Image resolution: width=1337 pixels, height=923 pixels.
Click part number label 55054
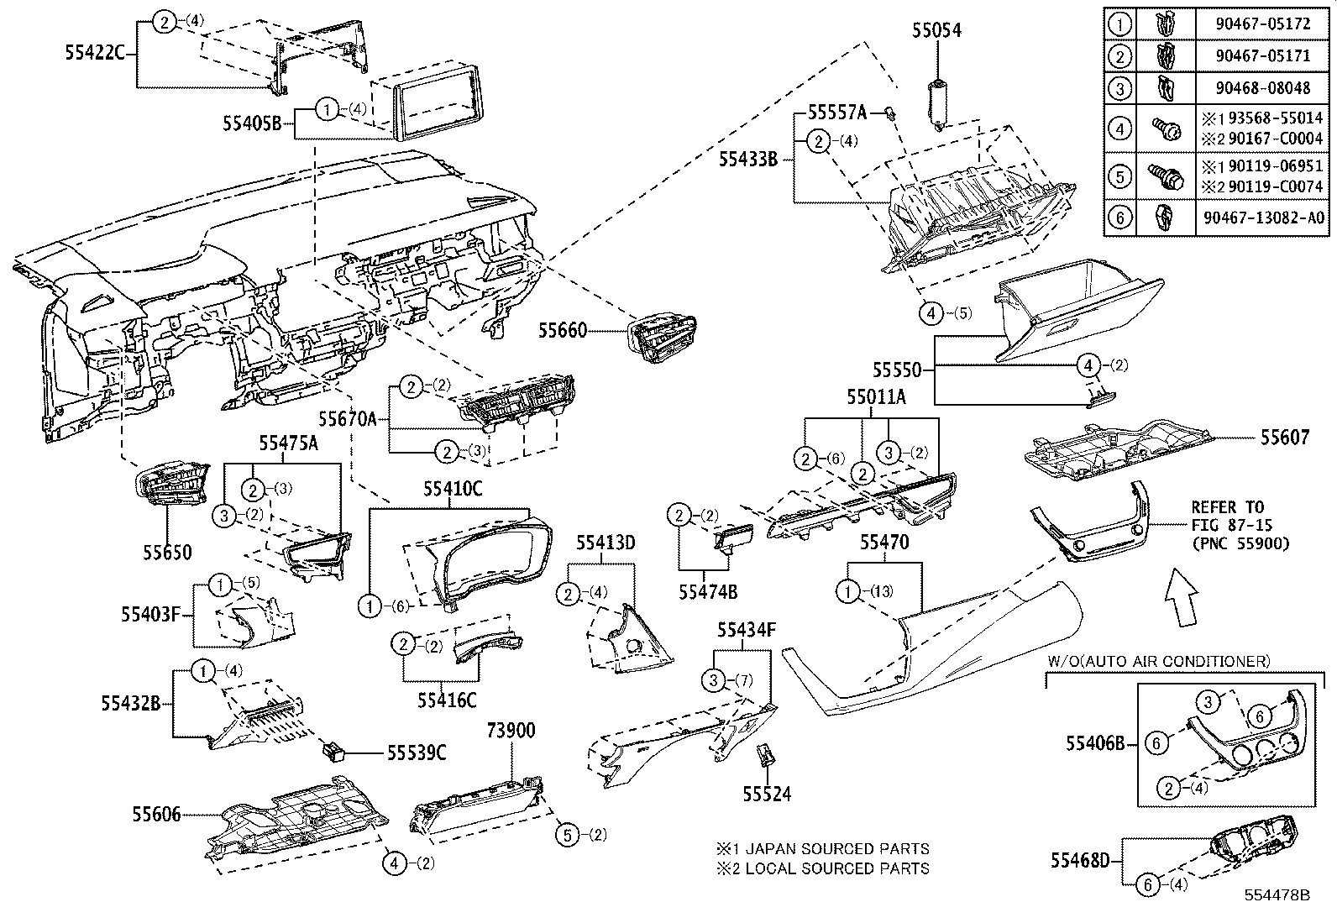[x=936, y=30]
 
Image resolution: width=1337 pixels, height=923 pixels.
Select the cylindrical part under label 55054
[x=937, y=102]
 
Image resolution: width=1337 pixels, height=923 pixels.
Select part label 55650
[x=166, y=553]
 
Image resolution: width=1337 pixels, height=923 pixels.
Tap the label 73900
[x=510, y=730]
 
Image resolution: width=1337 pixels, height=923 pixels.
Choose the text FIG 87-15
[x=1227, y=526]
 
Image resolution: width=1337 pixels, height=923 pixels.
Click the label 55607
[x=1284, y=438]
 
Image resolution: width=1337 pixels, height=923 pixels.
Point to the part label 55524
[x=766, y=793]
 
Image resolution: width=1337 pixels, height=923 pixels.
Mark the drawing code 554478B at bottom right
[x=1277, y=895]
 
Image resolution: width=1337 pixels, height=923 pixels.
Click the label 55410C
[x=452, y=490]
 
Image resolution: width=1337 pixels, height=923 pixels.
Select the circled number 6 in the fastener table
[x=1119, y=218]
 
